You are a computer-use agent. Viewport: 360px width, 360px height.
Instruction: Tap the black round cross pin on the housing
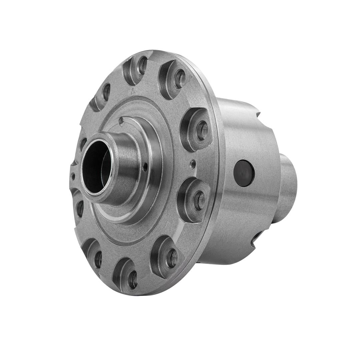(244, 173)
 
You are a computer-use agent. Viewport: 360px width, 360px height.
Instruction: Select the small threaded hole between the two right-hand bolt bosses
(193, 163)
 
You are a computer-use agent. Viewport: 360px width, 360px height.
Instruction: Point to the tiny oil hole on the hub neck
(145, 167)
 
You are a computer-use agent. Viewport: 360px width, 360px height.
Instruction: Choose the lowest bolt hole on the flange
(133, 279)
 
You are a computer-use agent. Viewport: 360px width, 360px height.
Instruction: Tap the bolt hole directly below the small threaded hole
(200, 200)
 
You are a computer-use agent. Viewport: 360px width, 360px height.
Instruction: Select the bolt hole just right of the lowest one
(172, 258)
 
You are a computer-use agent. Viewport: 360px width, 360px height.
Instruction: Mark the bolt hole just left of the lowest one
(98, 259)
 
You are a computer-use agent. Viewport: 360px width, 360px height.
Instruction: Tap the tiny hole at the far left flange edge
(73, 176)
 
